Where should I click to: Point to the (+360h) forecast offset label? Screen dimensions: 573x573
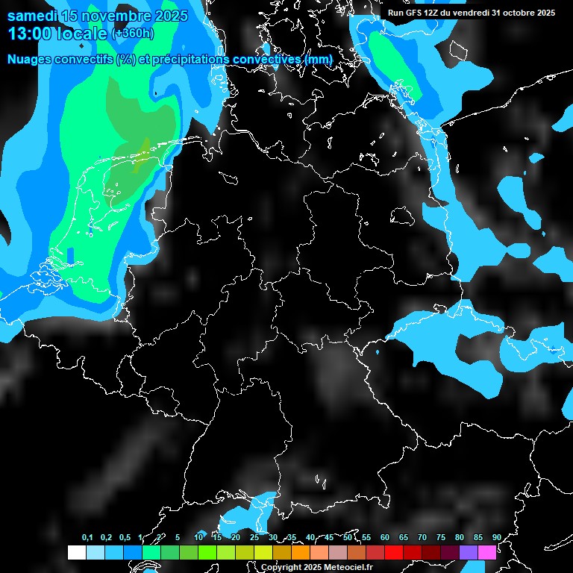coord(132,34)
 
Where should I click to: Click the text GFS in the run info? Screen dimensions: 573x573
coord(416,13)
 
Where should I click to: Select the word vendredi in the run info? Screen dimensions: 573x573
coord(474,13)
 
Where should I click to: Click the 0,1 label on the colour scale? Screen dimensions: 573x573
coord(87,537)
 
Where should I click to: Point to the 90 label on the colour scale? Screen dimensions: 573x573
coord(496,537)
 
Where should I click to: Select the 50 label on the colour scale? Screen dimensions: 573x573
coord(348,537)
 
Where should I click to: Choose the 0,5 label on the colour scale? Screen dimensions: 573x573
coord(125,537)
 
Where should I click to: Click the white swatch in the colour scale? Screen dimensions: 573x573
coord(77,552)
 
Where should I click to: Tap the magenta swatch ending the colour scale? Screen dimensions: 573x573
coord(487,552)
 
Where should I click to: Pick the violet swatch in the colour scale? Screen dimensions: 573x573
coord(469,552)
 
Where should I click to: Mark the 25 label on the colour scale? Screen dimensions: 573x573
coord(254,537)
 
